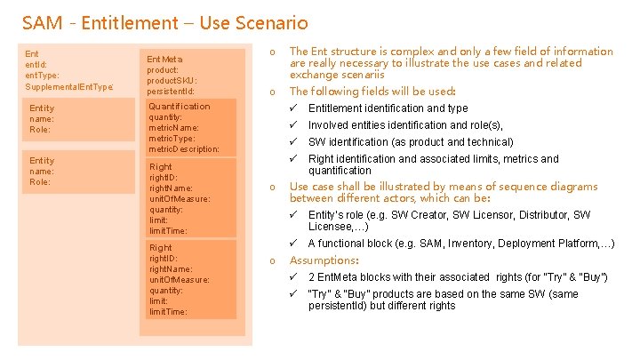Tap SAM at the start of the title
40,22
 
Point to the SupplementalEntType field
69,86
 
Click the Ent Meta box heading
165,59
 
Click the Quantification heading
180,106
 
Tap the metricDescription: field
184,148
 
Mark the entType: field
44,76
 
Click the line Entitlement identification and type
388,108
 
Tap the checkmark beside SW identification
295,142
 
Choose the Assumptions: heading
324,260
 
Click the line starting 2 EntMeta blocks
458,277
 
